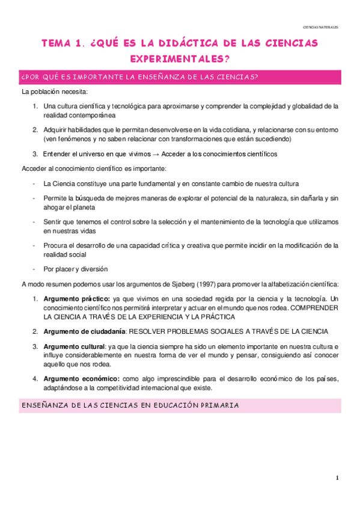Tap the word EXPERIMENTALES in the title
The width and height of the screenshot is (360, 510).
click(180, 58)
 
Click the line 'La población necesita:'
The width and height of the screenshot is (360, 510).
click(55, 91)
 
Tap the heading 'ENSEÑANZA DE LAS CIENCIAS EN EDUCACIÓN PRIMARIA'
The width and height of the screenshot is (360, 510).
click(130, 406)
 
